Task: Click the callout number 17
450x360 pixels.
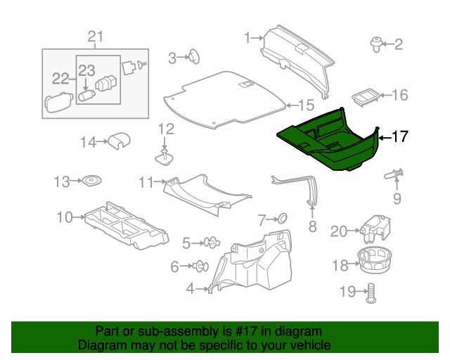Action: (x=399, y=137)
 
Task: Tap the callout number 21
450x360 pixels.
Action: (x=95, y=37)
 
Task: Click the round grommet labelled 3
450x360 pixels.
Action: (x=192, y=58)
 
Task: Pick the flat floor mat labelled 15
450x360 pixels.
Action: (x=225, y=98)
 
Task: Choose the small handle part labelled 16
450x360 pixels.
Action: (x=363, y=98)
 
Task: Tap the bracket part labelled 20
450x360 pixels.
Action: (x=373, y=226)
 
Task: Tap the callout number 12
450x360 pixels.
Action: (x=165, y=129)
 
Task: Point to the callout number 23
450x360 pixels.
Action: (x=86, y=70)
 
